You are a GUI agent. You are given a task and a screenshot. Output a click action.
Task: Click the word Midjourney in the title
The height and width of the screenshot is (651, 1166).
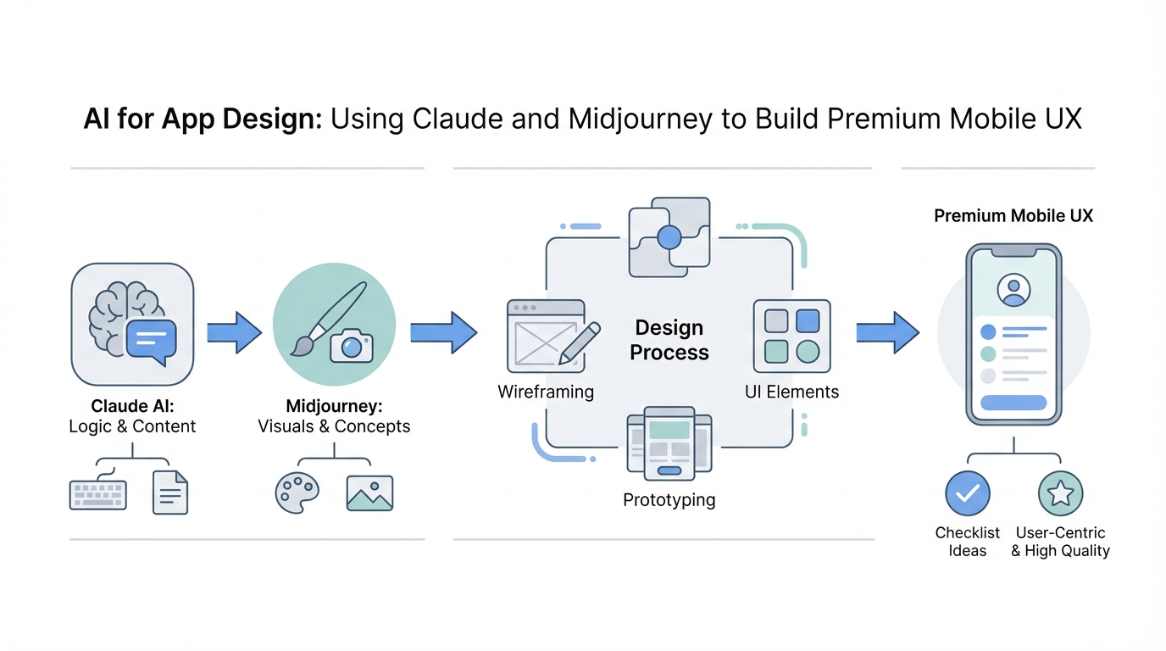(x=641, y=118)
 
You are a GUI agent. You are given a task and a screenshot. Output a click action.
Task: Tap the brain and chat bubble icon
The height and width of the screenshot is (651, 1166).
(x=132, y=324)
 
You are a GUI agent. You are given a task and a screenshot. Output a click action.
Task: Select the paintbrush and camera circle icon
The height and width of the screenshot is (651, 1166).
(x=334, y=324)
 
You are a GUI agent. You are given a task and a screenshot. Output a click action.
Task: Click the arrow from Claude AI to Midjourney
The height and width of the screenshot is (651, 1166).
(x=235, y=331)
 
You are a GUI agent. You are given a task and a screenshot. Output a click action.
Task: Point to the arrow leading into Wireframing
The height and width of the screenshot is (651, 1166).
(x=443, y=331)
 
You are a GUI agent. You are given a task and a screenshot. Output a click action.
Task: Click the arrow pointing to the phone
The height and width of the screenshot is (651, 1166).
(x=887, y=331)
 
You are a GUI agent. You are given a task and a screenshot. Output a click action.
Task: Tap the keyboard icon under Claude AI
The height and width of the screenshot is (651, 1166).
(x=98, y=494)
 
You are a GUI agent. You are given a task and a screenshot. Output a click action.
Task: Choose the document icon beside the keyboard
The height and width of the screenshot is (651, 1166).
(x=170, y=492)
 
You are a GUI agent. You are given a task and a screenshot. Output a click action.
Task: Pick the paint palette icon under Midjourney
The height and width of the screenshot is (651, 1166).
(x=297, y=492)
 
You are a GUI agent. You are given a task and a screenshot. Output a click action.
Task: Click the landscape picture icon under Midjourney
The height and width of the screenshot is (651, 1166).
(x=369, y=492)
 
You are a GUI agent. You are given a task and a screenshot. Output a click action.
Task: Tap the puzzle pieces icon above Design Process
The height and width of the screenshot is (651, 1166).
(x=669, y=237)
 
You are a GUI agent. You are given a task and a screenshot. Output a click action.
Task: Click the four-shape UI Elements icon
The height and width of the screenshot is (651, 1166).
(x=791, y=337)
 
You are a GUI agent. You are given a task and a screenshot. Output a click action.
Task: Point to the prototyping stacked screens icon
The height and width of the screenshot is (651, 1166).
(x=669, y=442)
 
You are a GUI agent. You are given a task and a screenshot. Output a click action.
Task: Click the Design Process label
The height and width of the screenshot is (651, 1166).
(x=669, y=340)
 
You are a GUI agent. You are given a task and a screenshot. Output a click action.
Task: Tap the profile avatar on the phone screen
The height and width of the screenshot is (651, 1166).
(x=1013, y=289)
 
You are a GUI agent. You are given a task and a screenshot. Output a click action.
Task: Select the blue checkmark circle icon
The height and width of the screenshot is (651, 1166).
(x=967, y=493)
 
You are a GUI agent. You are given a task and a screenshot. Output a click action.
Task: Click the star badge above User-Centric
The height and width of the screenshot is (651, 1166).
(x=1060, y=493)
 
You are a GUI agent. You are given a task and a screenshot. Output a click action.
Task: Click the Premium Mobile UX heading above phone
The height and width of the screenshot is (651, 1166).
(x=1013, y=216)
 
